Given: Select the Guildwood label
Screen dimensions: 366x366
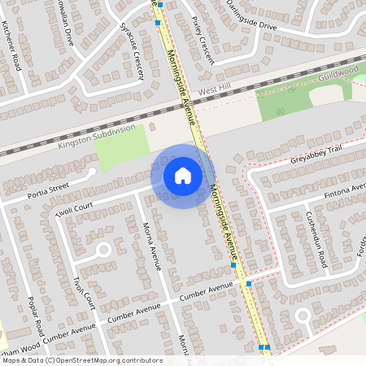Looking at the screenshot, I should coord(338,73).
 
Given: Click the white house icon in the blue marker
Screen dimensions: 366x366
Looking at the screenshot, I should coord(182,176).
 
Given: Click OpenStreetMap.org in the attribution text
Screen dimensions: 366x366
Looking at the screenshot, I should coord(94,360).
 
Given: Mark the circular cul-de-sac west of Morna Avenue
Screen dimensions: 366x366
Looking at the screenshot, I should coord(103,251).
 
